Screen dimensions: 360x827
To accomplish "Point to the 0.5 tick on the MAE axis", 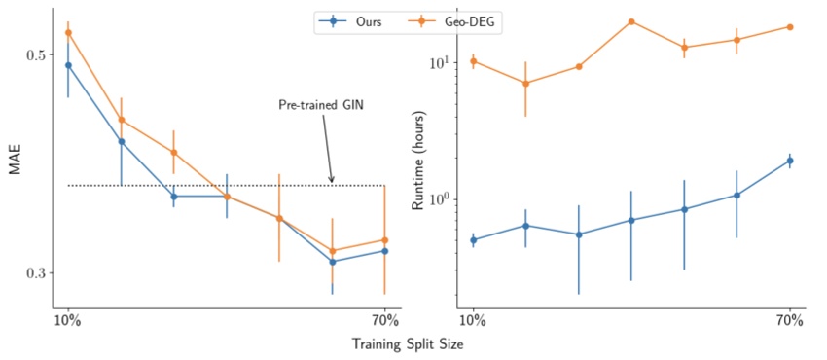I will click(x=34, y=54).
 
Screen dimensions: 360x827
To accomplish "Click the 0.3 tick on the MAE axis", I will click(x=34, y=273).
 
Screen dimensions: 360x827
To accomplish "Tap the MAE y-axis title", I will click(x=15, y=158).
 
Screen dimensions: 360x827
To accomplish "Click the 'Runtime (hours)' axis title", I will click(x=419, y=159).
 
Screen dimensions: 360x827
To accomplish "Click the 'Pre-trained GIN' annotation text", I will click(x=320, y=105).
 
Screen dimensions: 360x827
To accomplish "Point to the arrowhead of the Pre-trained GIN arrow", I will click(x=332, y=181).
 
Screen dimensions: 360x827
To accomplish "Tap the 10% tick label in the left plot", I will click(x=68, y=320).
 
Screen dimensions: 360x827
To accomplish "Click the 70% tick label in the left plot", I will click(x=385, y=320).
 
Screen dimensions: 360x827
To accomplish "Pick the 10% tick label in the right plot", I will click(x=473, y=320).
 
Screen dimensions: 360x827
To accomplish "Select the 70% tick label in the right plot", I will click(x=790, y=320).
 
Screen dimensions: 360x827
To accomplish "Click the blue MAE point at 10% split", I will click(x=68, y=65).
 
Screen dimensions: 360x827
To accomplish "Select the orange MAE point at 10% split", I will click(x=68, y=33).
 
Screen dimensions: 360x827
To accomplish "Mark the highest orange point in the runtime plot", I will click(x=631, y=21).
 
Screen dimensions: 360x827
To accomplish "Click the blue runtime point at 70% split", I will click(x=790, y=161).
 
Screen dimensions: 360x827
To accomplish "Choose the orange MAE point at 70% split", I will click(x=385, y=240).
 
